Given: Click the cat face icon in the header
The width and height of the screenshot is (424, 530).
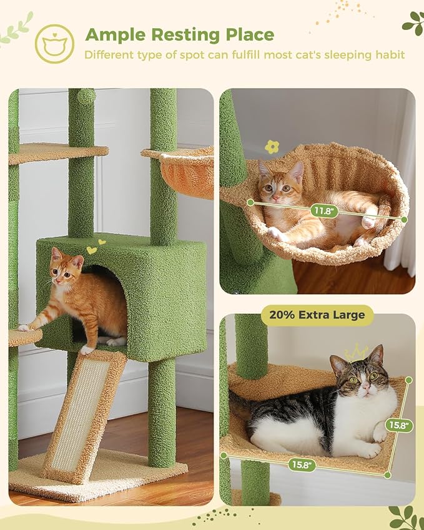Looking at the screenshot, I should (x=54, y=44).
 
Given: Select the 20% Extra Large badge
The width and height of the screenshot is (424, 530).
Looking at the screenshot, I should (x=317, y=315).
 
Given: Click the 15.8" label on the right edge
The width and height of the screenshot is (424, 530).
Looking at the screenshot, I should (x=398, y=425).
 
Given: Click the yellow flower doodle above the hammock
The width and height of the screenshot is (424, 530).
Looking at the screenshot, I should (x=272, y=147).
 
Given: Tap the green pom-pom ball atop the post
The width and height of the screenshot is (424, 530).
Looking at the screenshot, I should (x=86, y=97).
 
